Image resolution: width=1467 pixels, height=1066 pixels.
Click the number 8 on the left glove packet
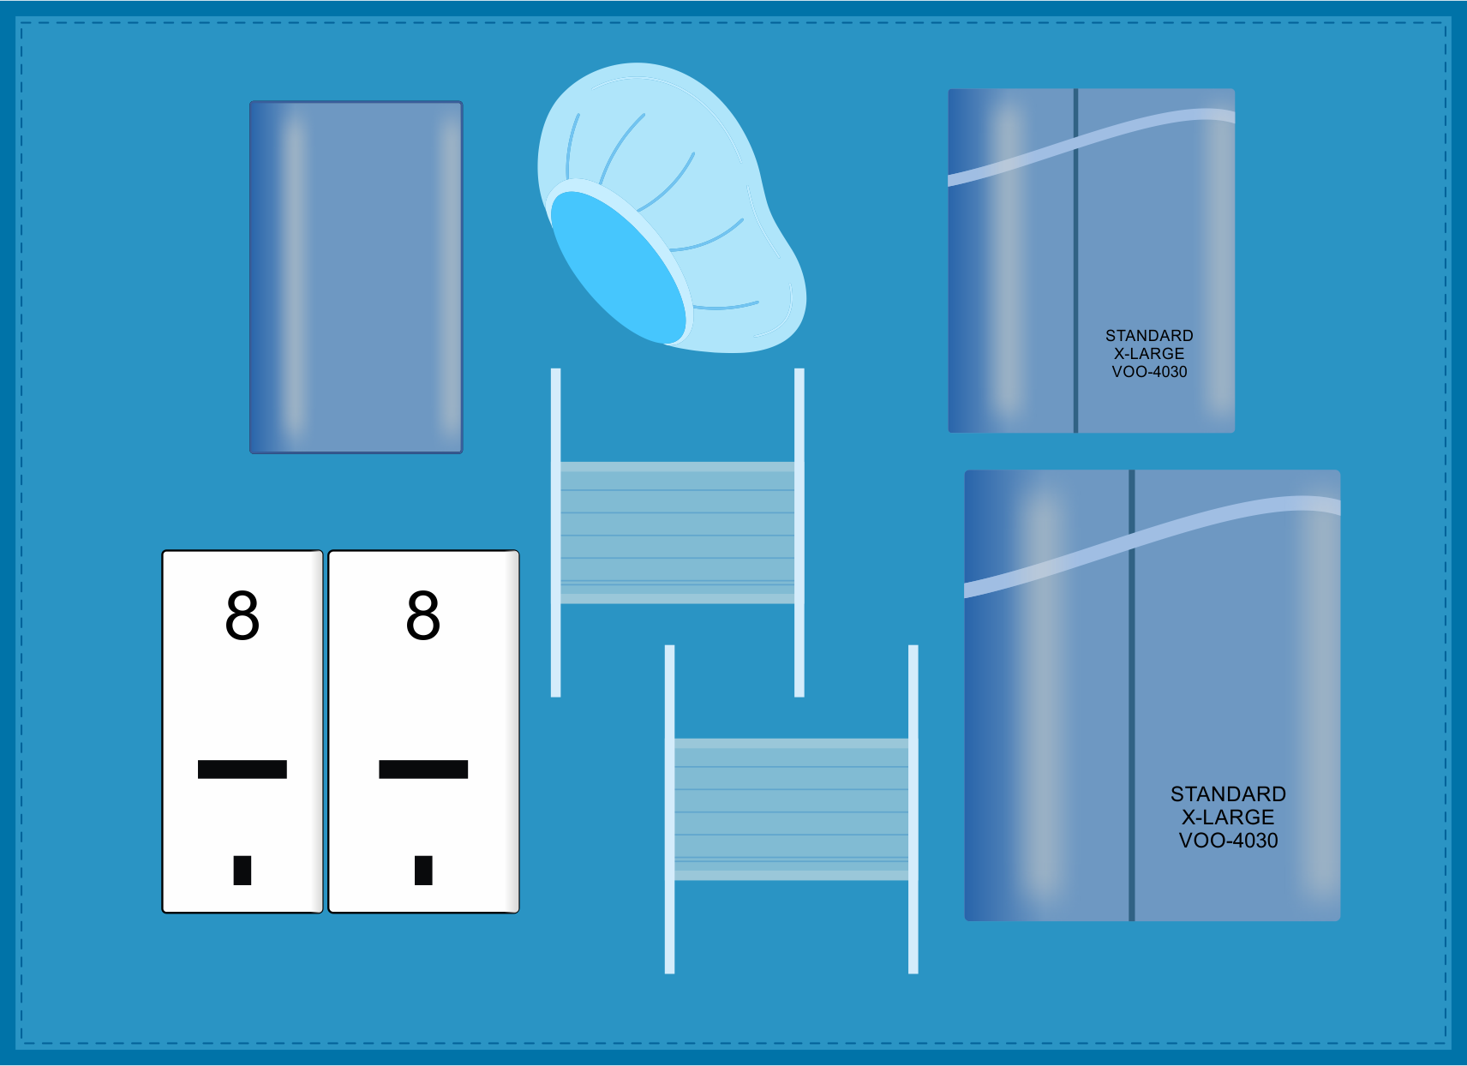pos(243,615)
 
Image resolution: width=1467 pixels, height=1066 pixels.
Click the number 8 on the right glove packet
pos(423,615)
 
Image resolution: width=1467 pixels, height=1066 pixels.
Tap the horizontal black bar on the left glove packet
pos(243,769)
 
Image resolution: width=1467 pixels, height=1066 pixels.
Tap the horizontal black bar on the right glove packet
pos(423,769)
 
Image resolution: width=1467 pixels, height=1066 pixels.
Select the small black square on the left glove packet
pos(243,870)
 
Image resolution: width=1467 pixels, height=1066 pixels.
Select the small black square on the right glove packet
pos(423,870)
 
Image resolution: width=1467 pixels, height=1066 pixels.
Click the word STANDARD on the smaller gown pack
pos(1149,335)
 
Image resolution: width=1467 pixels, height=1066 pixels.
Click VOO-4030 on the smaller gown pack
pos(1149,372)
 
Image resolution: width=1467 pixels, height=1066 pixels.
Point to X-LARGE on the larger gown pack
pos(1228,817)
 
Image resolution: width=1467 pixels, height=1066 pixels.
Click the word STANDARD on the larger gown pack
pos(1228,794)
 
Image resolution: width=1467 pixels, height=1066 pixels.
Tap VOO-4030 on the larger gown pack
pos(1228,841)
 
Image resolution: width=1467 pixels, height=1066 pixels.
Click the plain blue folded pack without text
pos(356,278)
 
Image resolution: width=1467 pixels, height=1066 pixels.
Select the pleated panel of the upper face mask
pos(677,532)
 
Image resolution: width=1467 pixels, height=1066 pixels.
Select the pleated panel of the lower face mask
pos(791,809)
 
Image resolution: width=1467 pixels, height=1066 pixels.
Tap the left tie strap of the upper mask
pos(555,531)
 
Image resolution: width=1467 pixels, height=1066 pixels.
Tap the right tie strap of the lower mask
pos(913,809)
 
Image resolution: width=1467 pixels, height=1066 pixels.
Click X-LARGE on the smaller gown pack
pos(1149,354)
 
